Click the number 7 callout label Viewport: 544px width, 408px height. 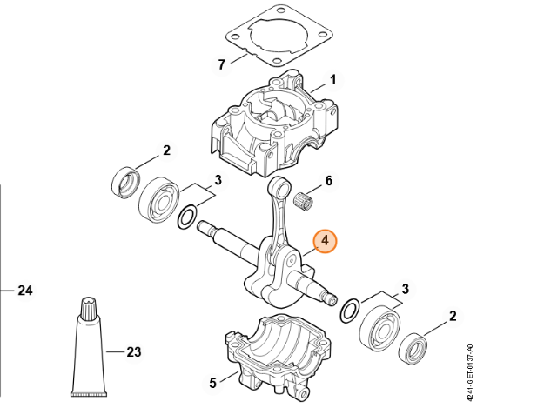(x=221, y=64)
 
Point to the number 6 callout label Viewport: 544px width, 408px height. (x=328, y=181)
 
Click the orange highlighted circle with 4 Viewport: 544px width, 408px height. (x=325, y=240)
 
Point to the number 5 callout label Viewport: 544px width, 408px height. (x=212, y=381)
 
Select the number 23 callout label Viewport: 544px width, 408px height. (x=132, y=352)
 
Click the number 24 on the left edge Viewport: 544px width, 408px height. (x=25, y=291)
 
